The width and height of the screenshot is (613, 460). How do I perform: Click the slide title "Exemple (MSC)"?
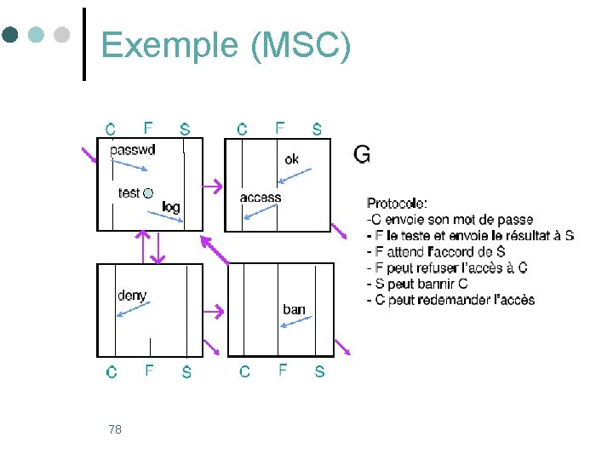click(225, 46)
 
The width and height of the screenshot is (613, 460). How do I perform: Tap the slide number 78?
click(115, 429)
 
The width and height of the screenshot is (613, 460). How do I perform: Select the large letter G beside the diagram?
click(361, 154)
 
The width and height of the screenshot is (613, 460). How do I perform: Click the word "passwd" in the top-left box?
click(133, 150)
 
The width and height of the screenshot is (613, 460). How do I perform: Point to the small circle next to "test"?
click(148, 193)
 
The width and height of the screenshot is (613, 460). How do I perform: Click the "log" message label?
click(171, 207)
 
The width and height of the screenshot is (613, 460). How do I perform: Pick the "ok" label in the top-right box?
click(292, 159)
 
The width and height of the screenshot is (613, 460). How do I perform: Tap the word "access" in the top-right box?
click(261, 198)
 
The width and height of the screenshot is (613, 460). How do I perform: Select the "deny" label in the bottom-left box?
click(132, 296)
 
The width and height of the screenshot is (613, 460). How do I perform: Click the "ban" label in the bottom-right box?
click(294, 309)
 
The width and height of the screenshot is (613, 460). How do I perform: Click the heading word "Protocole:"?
click(397, 204)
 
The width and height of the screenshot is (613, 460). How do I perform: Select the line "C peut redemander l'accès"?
click(450, 300)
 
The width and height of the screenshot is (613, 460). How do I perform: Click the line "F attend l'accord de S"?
click(435, 252)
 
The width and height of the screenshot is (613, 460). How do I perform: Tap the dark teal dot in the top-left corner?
click(10, 35)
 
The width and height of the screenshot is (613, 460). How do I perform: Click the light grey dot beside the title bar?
click(61, 35)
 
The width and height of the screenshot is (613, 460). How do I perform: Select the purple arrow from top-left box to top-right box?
click(213, 185)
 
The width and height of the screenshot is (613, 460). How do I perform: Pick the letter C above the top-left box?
click(111, 129)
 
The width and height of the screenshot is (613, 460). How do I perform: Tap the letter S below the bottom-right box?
click(319, 371)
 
